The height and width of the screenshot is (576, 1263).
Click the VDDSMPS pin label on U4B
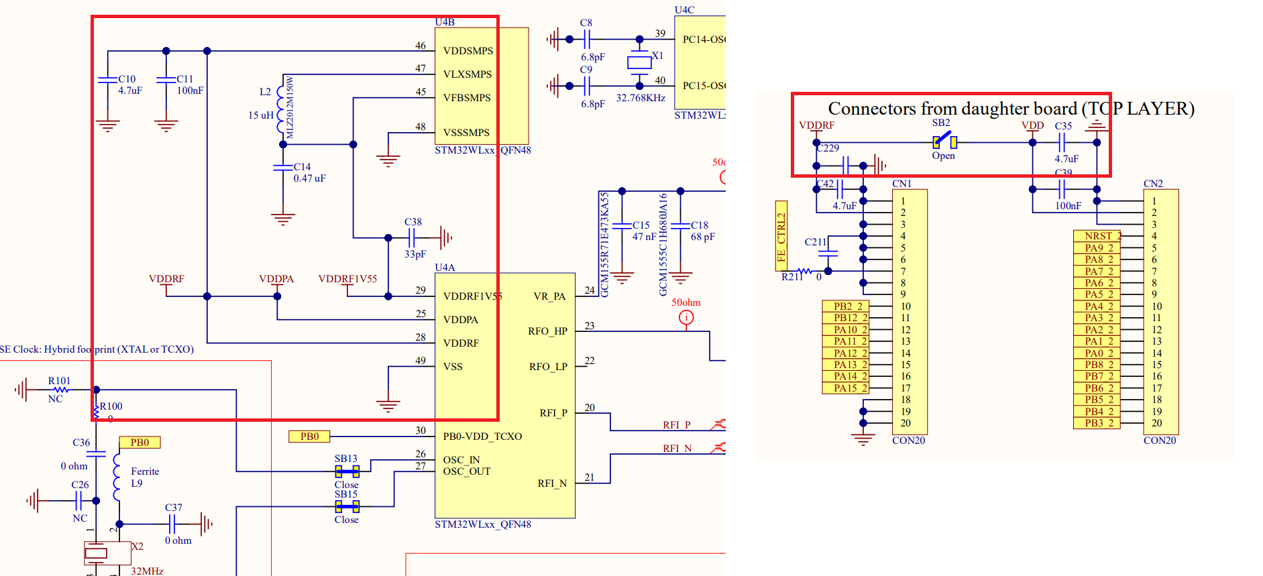tap(468, 51)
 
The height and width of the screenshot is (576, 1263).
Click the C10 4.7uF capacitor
tap(107, 80)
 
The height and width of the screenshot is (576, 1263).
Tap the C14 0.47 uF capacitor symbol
tap(282, 167)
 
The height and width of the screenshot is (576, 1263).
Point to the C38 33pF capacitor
tap(412, 237)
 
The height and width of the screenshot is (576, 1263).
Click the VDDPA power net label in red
tap(276, 279)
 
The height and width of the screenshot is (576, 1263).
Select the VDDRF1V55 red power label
tap(347, 279)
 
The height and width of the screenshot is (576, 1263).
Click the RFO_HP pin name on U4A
tap(547, 331)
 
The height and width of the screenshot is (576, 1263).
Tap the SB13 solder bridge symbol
tap(347, 471)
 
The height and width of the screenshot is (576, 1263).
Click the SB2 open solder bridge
tap(944, 141)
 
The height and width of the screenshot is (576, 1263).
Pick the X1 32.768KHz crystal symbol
tap(639, 62)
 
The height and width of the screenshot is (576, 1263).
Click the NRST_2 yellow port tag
tap(1097, 236)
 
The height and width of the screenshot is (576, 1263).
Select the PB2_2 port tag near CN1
tap(846, 306)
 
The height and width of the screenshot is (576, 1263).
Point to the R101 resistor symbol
tap(61, 390)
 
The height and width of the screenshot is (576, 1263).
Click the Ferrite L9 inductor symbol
tap(117, 477)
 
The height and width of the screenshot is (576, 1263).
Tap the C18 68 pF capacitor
tap(680, 225)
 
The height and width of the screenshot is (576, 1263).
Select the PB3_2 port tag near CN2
tap(1097, 423)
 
